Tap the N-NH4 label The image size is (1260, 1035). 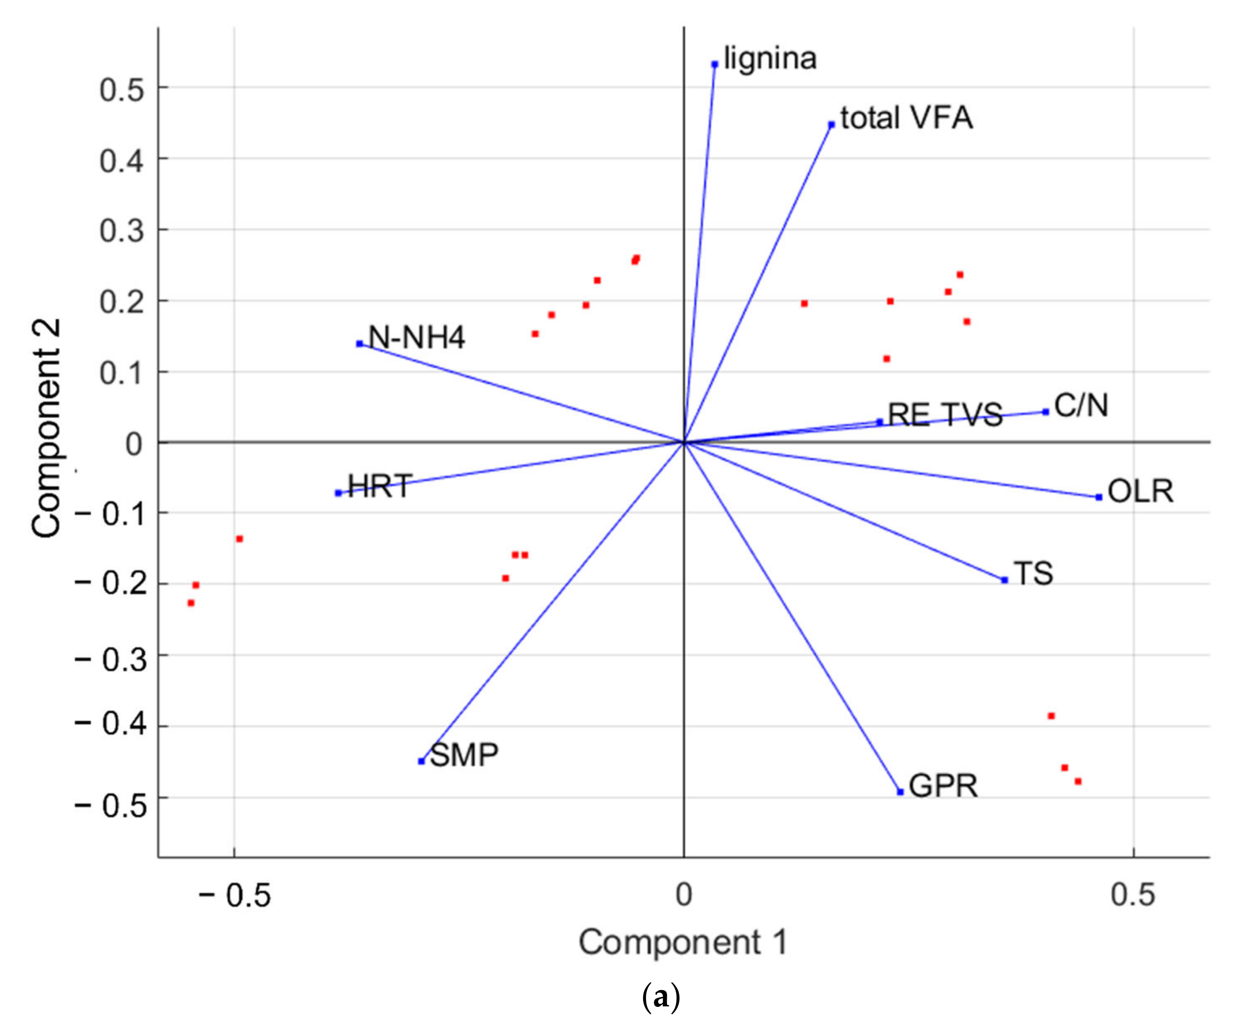click(417, 337)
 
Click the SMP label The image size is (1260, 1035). click(464, 755)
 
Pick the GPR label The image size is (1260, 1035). click(944, 786)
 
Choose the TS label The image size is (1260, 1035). click(1033, 574)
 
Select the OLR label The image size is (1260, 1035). click(1140, 492)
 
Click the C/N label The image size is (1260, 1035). click(1081, 406)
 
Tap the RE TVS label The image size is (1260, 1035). click(945, 415)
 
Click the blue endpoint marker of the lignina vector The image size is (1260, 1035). click(714, 64)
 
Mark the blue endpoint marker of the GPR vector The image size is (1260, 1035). click(900, 792)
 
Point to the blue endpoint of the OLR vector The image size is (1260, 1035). click(1099, 497)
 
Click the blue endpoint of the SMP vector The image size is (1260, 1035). click(421, 761)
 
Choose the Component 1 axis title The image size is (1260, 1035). click(683, 943)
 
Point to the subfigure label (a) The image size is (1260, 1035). click(662, 997)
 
